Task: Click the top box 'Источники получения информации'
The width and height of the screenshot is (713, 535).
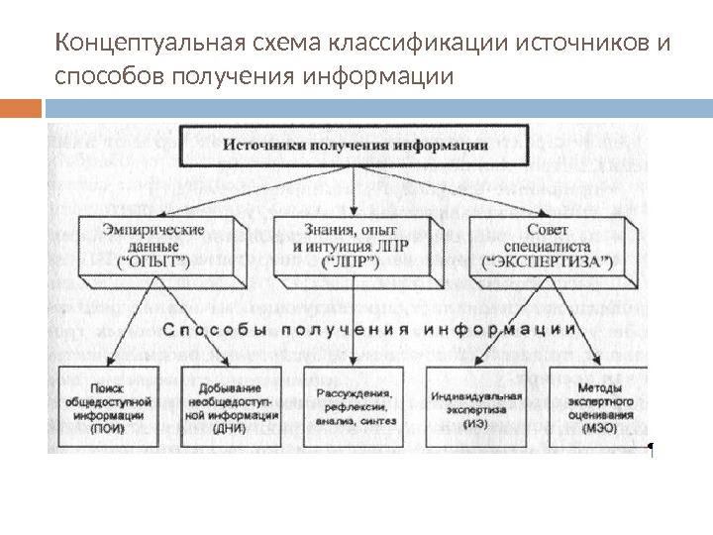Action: point(355,145)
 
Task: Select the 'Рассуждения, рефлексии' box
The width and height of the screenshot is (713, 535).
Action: point(350,402)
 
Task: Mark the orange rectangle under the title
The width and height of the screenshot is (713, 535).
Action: point(21,107)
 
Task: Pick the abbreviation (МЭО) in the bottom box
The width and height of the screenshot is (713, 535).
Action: point(593,429)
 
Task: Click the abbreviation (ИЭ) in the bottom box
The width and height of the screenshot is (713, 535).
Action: point(473,423)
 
